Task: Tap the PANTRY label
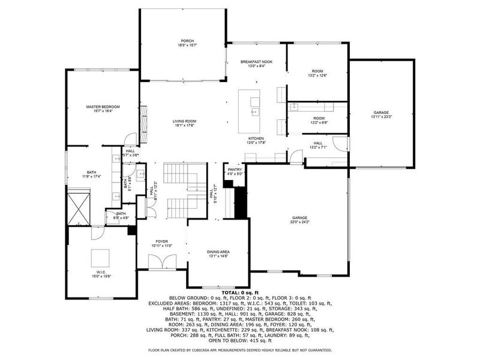234,172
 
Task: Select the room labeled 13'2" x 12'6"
319,73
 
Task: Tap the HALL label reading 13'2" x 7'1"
318,145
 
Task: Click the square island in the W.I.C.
100,258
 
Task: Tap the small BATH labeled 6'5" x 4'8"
121,215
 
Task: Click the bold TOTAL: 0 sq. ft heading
239,293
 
